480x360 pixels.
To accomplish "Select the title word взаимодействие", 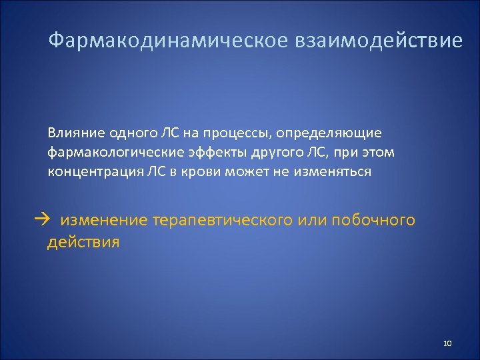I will (x=375, y=41).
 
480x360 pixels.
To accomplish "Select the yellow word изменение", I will (x=103, y=219).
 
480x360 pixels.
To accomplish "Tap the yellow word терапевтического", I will (x=222, y=219).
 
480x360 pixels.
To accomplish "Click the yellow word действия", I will (x=83, y=241).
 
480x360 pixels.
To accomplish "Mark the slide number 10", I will (x=447, y=343).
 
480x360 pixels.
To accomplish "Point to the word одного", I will (x=134, y=133).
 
